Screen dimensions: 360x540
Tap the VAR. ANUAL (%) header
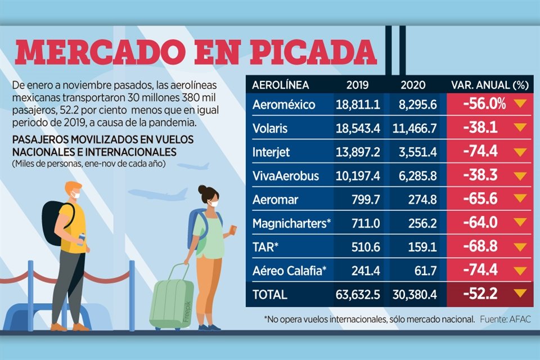(489, 85)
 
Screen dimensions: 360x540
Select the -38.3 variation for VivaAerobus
(480, 175)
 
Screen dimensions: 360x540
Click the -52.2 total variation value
(480, 294)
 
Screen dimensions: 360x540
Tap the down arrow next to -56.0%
(519, 104)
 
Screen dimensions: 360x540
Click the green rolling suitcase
(171, 301)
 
